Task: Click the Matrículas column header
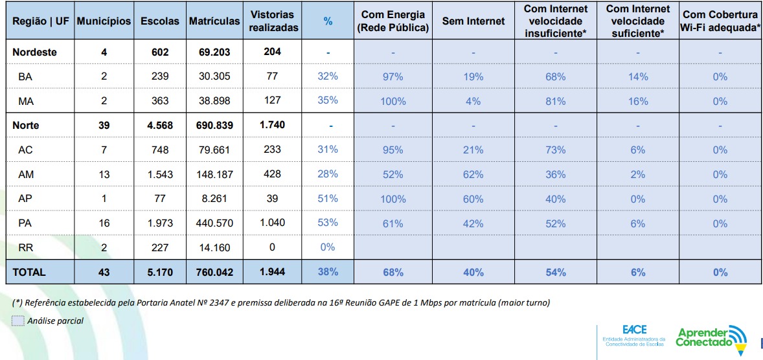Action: [x=214, y=21]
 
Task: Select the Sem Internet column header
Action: [x=473, y=21]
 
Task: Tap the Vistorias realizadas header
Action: [x=273, y=21]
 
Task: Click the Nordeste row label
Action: [x=35, y=52]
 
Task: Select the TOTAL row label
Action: [x=29, y=272]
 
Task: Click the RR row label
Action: [x=25, y=247]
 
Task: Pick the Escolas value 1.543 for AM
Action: [x=160, y=174]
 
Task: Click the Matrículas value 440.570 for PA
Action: [x=214, y=223]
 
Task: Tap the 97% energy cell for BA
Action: [x=393, y=76]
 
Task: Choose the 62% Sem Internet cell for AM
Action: [x=473, y=174]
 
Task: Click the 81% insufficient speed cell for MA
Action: [x=556, y=101]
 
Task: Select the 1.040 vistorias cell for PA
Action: [x=273, y=223]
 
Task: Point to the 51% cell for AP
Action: [x=328, y=199]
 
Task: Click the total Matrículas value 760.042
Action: [x=214, y=272]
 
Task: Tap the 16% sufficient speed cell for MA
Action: [x=638, y=101]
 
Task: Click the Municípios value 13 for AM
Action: [x=104, y=174]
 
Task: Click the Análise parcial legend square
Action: [x=18, y=321]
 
